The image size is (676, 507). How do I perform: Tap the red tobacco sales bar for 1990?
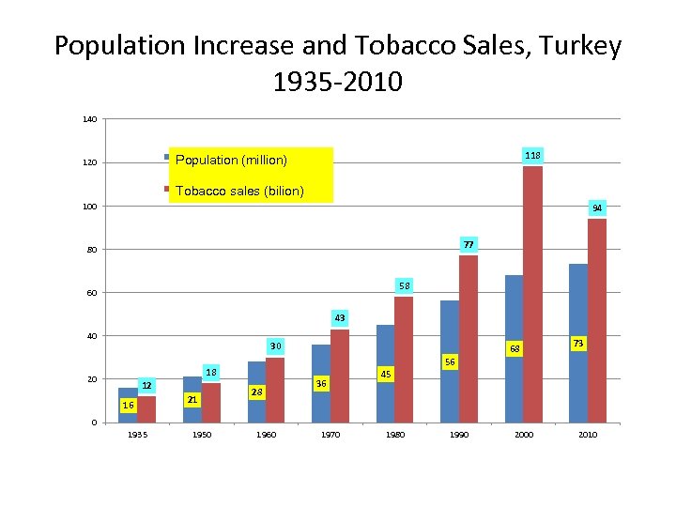coord(469,338)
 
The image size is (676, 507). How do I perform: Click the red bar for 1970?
coord(339,376)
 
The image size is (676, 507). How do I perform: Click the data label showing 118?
coord(532,154)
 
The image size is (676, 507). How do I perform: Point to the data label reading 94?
coord(597,207)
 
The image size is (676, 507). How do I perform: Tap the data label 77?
coord(469,244)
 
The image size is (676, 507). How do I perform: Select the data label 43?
coord(339,318)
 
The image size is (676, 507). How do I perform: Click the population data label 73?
coord(578,344)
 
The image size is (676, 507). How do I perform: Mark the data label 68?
coord(514,349)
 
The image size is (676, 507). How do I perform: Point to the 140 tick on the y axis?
coord(90,119)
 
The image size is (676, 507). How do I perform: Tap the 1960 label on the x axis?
coord(266,435)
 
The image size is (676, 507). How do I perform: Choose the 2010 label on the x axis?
coord(588,435)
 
